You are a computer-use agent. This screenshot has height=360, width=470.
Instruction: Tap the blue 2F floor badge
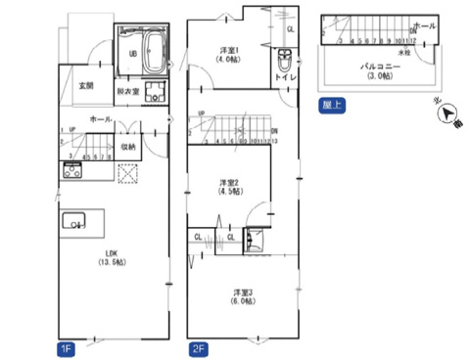click(197, 347)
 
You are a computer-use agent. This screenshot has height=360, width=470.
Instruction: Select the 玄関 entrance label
click(86, 86)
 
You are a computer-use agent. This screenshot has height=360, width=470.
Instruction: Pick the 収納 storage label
click(127, 148)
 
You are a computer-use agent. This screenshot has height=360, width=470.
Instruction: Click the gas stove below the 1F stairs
click(73, 172)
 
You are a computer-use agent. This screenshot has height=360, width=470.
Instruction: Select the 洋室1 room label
click(230, 50)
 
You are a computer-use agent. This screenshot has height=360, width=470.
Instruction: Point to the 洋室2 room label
click(230, 183)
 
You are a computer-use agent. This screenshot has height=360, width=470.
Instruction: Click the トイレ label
click(286, 76)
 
